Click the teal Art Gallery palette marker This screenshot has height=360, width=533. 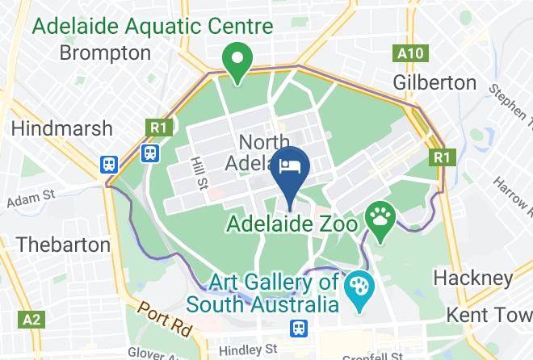click(x=355, y=287)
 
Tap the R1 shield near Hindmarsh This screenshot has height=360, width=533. click(x=157, y=127)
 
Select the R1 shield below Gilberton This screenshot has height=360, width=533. click(x=439, y=157)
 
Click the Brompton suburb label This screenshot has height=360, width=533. click(x=106, y=54)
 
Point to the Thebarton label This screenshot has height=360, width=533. click(x=63, y=244)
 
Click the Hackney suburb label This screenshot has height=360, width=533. click(x=472, y=278)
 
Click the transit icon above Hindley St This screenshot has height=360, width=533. click(x=299, y=328)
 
